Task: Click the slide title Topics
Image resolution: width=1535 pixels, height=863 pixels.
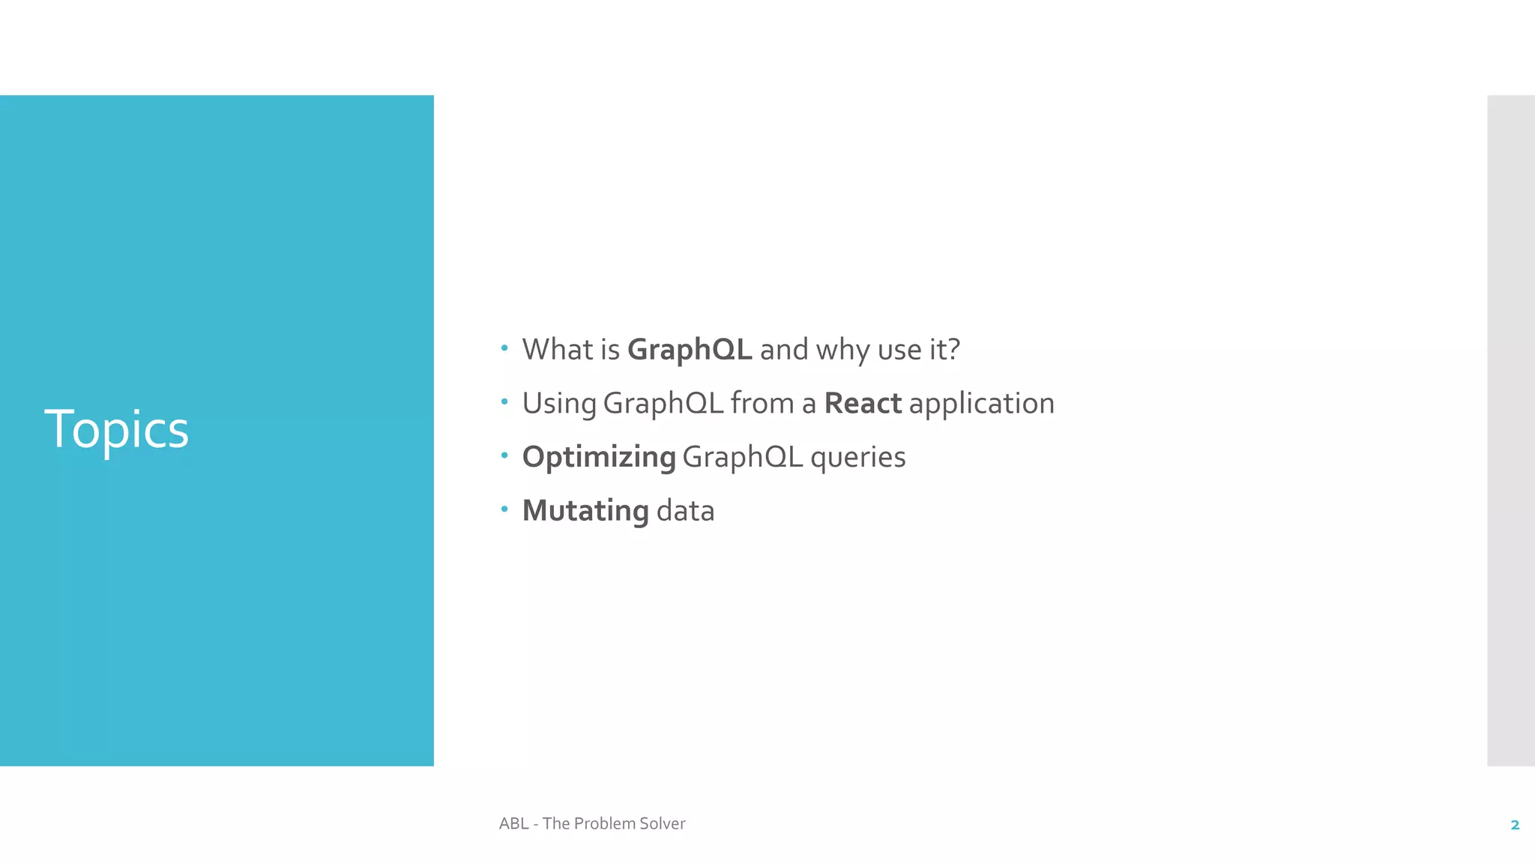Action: pyautogui.click(x=116, y=430)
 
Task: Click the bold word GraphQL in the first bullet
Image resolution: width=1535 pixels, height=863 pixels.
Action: pyautogui.click(x=689, y=351)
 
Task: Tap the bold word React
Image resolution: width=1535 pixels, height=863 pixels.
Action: pyautogui.click(x=862, y=404)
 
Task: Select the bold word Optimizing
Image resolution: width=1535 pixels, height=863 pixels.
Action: pyautogui.click(x=599, y=458)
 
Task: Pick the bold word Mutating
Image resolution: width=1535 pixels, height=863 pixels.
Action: pyautogui.click(x=585, y=512)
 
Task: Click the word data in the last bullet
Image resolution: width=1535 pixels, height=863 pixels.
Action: pyautogui.click(x=685, y=511)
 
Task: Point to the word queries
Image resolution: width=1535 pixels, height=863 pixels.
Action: pyautogui.click(x=857, y=458)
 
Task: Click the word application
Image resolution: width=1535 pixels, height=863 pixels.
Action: pyautogui.click(x=981, y=405)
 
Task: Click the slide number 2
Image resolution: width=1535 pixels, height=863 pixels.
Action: pyautogui.click(x=1515, y=825)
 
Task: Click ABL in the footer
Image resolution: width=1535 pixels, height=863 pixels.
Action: pyautogui.click(x=513, y=823)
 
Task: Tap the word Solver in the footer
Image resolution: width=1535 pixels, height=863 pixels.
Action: pyautogui.click(x=663, y=823)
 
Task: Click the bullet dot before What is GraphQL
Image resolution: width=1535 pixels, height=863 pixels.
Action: pyautogui.click(x=504, y=348)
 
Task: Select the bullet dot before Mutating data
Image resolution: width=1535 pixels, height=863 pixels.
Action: pyautogui.click(x=504, y=509)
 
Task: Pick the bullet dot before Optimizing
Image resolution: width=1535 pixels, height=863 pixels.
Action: pyautogui.click(x=504, y=455)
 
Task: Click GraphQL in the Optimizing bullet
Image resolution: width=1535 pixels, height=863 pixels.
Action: pyautogui.click(x=742, y=458)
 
